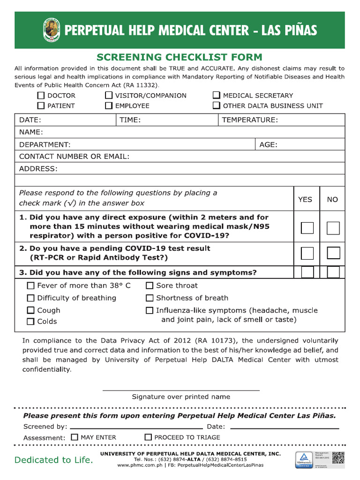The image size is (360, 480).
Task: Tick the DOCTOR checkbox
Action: [x=41, y=95]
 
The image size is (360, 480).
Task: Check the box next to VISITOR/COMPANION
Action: [x=109, y=95]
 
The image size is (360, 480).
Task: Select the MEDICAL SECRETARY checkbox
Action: [x=217, y=95]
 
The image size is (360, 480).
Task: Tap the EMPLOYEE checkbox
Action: [x=109, y=105]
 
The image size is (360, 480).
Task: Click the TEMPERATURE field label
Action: [x=250, y=120]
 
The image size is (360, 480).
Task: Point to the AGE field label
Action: [x=268, y=144]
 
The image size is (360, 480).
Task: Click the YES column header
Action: [x=305, y=199]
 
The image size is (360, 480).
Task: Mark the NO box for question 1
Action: [x=333, y=228]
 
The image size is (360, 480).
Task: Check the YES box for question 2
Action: [x=307, y=253]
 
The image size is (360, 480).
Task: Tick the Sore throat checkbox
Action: [x=150, y=285]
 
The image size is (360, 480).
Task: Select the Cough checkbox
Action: [x=31, y=310]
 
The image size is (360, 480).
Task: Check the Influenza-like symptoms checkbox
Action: [x=150, y=310]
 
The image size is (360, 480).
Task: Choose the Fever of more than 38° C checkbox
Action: [x=31, y=285]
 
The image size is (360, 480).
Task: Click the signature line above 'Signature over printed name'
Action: [x=180, y=390]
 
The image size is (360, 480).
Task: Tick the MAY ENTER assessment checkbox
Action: [x=75, y=437]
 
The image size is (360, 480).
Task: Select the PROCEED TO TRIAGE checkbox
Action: [x=148, y=437]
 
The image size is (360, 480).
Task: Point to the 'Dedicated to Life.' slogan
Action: [x=54, y=460]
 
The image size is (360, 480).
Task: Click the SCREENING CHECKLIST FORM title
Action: [x=180, y=57]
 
